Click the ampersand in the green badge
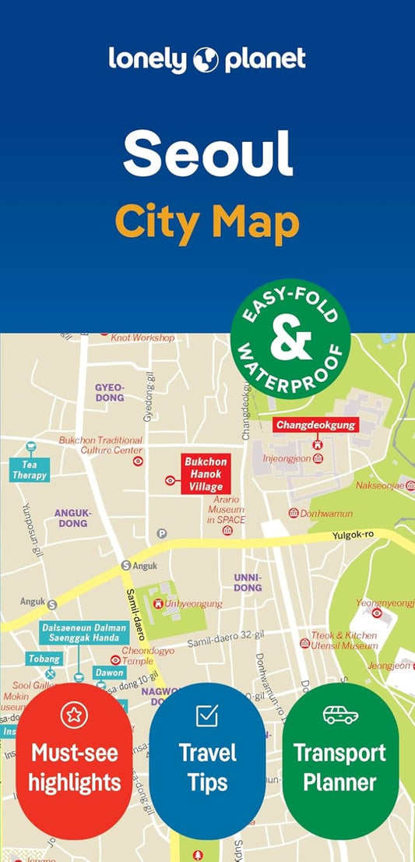tap(290, 339)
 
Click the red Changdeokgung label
tap(316, 425)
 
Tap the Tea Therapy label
tap(30, 470)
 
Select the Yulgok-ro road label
tap(353, 535)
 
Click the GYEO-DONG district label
tap(109, 392)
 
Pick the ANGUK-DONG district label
tap(72, 518)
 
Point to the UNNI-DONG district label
tap(248, 582)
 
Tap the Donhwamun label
tap(326, 514)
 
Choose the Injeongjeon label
tap(287, 458)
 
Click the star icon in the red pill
tap(74, 714)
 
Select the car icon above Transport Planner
tap(340, 714)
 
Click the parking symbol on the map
tap(162, 533)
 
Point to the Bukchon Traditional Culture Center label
tap(101, 445)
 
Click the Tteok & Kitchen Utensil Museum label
tap(344, 641)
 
